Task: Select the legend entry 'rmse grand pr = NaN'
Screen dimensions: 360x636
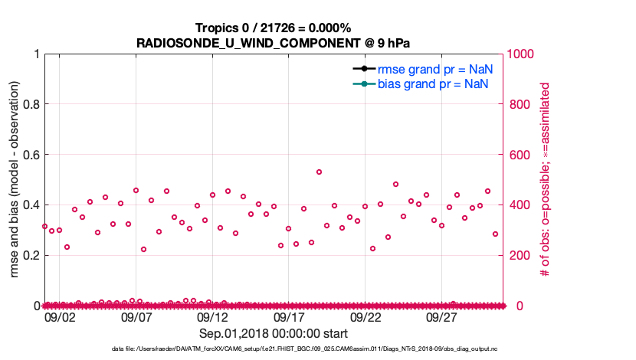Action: click(433, 69)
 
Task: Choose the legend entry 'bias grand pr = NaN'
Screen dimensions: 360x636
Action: click(433, 83)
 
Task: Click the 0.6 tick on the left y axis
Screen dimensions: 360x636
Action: click(30, 155)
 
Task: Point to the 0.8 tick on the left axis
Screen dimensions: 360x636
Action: click(30, 104)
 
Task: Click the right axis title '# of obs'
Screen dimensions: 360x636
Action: click(545, 180)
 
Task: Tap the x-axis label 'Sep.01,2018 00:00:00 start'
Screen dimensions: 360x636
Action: click(274, 334)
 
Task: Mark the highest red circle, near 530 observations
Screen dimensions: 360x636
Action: click(319, 172)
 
